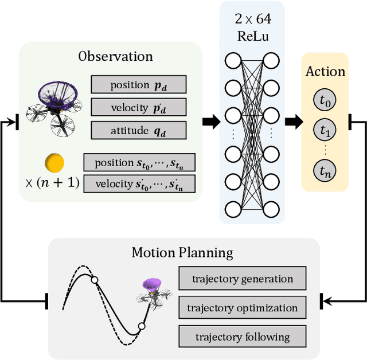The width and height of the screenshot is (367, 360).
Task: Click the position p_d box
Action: click(139, 84)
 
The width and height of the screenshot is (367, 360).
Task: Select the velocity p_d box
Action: click(139, 107)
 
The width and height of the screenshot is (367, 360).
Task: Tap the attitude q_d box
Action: click(139, 130)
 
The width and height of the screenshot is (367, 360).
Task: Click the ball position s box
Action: click(139, 162)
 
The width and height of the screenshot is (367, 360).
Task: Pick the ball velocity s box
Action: click(139, 184)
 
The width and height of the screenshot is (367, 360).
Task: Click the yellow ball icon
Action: click(54, 163)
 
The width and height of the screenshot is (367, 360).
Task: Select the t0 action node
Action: click(325, 100)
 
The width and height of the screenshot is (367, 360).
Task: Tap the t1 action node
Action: click(325, 130)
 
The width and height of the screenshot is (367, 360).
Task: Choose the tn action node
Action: click(325, 171)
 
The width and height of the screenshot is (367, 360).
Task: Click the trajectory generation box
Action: click(243, 278)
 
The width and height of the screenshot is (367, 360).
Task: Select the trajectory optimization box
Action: click(243, 307)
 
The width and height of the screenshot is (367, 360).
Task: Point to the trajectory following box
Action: click(243, 336)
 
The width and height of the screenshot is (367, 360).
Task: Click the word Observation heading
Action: click(115, 56)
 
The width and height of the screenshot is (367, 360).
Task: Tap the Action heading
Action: click(325, 71)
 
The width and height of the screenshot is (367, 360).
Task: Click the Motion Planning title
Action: click(182, 253)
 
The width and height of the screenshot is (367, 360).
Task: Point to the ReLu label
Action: click(253, 36)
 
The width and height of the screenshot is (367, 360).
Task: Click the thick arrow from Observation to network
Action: click(212, 122)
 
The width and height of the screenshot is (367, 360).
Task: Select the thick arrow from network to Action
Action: click(294, 122)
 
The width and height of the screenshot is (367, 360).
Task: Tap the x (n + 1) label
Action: click(52, 183)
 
